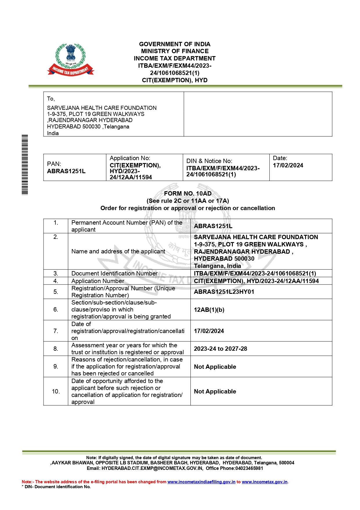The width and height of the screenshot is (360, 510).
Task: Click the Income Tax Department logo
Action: coord(71,60)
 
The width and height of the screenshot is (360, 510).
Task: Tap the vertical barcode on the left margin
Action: coord(25,164)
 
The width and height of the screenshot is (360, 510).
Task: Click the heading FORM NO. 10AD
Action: coord(188,194)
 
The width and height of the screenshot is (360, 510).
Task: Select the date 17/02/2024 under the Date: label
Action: coord(288,165)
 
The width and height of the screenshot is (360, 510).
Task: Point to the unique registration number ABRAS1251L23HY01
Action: coord(224,292)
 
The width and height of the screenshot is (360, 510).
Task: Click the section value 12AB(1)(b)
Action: coord(209,310)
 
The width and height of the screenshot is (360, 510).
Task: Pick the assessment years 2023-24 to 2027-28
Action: coord(220,349)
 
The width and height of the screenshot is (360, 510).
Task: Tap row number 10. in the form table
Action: coord(56,391)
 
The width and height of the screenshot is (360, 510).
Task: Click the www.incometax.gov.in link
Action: coord(264,482)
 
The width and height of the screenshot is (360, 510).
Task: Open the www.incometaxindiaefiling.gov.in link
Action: coord(201,482)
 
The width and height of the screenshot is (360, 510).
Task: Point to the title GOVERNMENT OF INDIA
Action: coord(174,44)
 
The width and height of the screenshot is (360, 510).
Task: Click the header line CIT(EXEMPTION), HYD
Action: coord(174,80)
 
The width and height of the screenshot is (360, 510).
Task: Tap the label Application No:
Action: coord(130,158)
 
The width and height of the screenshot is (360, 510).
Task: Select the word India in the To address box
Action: coord(53,133)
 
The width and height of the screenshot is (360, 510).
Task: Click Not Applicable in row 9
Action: coord(215,367)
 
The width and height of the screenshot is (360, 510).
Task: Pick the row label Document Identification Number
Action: coord(114,273)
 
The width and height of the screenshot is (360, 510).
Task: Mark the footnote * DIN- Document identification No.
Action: coord(56,487)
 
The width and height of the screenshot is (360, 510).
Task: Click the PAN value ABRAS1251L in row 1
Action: coord(213,226)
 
